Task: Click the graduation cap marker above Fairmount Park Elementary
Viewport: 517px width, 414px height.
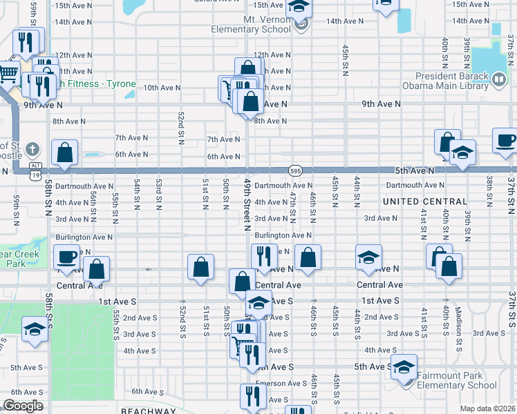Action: click(x=404, y=367)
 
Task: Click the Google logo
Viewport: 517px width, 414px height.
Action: click(x=23, y=406)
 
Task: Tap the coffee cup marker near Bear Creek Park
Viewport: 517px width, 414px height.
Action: click(x=67, y=257)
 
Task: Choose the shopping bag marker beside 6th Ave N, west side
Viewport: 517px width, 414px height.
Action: click(x=65, y=152)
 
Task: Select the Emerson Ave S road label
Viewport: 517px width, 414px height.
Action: click(x=281, y=384)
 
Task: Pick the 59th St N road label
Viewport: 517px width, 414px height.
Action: click(x=15, y=210)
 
